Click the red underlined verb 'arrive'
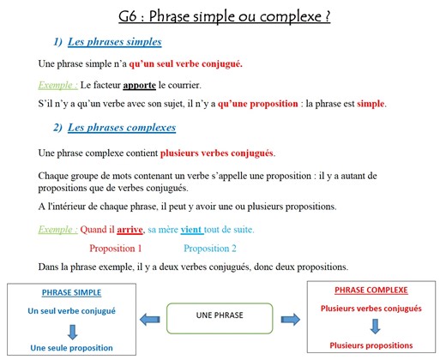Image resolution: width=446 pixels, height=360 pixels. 130,230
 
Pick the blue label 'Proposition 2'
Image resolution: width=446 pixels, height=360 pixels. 209,248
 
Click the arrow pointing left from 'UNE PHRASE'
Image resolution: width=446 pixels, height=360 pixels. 151,318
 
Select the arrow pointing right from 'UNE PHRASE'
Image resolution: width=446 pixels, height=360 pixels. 290,318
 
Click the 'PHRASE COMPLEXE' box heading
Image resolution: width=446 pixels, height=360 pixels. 371,290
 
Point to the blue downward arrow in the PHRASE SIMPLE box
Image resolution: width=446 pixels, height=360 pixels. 72,330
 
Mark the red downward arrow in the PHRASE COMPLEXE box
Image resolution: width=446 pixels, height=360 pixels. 375,326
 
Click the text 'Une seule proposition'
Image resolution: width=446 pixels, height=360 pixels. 72,348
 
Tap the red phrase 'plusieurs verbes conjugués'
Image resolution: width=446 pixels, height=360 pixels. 217,153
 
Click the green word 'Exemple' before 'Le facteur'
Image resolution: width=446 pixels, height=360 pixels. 57,86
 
